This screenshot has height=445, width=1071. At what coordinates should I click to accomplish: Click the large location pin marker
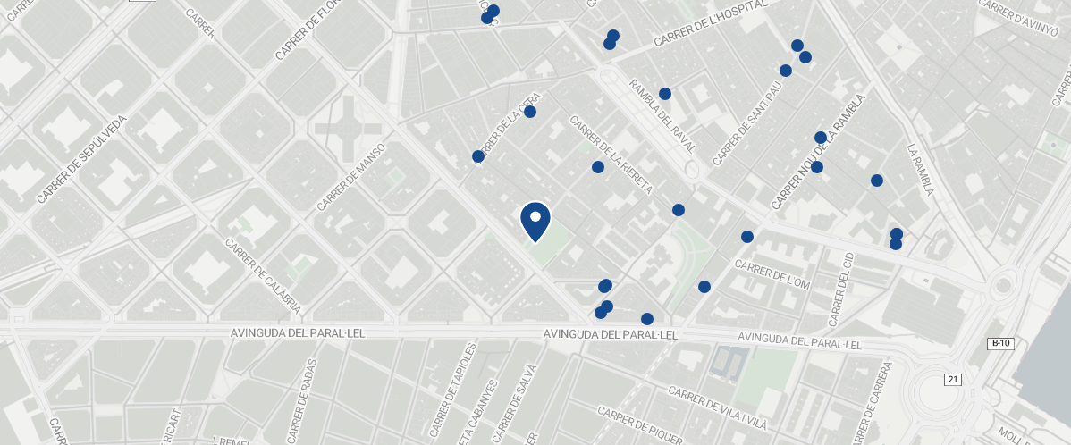[x=535, y=221]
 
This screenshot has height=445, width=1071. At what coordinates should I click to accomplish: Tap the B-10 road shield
[x=1000, y=343]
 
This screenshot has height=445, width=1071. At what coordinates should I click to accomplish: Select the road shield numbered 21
[x=952, y=380]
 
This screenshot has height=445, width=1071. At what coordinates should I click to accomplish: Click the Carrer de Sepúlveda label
[x=83, y=159]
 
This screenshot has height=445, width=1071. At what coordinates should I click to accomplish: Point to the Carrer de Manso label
[x=350, y=178]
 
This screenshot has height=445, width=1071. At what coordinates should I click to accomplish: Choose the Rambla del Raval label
[x=662, y=115]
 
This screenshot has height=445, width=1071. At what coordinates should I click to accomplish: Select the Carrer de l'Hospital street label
[x=711, y=24]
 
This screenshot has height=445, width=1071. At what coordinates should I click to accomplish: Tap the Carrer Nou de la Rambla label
[x=819, y=152]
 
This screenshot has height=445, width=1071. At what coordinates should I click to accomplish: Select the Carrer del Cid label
[x=841, y=289]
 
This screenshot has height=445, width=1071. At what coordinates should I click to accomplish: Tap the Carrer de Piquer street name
[x=640, y=426]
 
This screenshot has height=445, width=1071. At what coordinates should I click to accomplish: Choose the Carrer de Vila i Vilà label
[x=719, y=407]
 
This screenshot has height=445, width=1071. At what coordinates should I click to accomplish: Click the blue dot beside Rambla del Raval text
[x=665, y=94]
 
